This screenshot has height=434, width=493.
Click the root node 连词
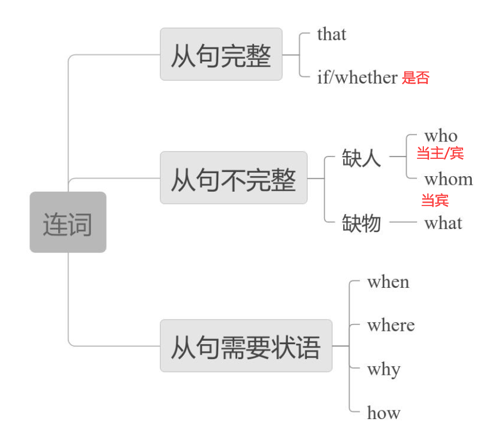pyautogui.click(x=68, y=223)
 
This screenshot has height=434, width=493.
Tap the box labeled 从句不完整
pyautogui.click(x=233, y=178)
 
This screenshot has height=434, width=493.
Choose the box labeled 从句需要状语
pyautogui.click(x=246, y=346)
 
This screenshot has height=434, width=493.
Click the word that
pyautogui.click(x=331, y=35)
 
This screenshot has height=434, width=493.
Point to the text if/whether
pyautogui.click(x=357, y=78)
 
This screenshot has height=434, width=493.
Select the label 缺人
pyautogui.click(x=362, y=157)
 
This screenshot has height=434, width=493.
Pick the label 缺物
pyautogui.click(x=362, y=222)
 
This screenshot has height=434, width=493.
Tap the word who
pyautogui.click(x=441, y=136)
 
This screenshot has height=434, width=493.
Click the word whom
pyautogui.click(x=448, y=180)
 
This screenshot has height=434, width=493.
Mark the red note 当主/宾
pyautogui.click(x=440, y=154)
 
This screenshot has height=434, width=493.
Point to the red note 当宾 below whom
pyautogui.click(x=435, y=201)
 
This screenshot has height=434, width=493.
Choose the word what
pyautogui.click(x=443, y=223)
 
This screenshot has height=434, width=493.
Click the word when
pyautogui.click(x=388, y=282)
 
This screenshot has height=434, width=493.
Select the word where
pyautogui.click(x=390, y=325)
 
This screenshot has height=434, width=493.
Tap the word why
pyautogui.click(x=384, y=369)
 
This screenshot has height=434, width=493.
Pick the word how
pyautogui.click(x=384, y=412)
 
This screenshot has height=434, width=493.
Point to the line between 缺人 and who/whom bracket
pyautogui.click(x=397, y=157)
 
